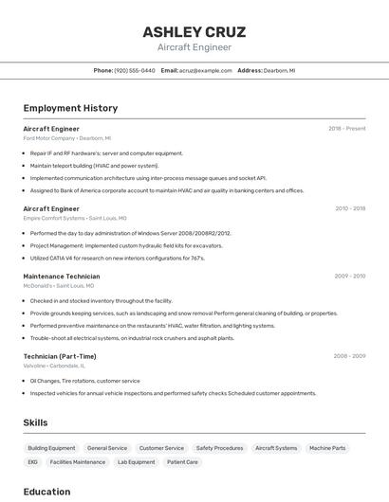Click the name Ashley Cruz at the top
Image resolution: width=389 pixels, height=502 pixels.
pyautogui.click(x=194, y=31)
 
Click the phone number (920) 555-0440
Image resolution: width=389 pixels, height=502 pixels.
pyautogui.click(x=134, y=70)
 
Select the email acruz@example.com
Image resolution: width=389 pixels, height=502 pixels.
pyautogui.click(x=206, y=70)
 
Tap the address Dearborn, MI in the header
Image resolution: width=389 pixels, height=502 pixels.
pyautogui.click(x=279, y=70)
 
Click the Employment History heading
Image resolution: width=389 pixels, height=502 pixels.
pyautogui.click(x=70, y=108)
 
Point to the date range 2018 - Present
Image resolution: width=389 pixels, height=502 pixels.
pyautogui.click(x=346, y=128)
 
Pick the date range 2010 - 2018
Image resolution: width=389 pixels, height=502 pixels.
pyautogui.click(x=349, y=208)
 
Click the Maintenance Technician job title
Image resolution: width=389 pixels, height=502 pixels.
pyautogui.click(x=61, y=277)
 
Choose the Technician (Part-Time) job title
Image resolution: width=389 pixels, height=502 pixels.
pyautogui.click(x=59, y=356)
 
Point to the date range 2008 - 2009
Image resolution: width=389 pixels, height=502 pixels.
pyautogui.click(x=349, y=356)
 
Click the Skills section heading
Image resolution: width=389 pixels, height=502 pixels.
pyautogui.click(x=35, y=422)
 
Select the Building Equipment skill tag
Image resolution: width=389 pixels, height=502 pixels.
pyautogui.click(x=51, y=447)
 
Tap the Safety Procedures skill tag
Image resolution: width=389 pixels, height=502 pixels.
pyautogui.click(x=219, y=447)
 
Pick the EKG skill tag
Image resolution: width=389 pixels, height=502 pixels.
pyautogui.click(x=32, y=462)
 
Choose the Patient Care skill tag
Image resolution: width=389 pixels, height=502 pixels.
pyautogui.click(x=182, y=462)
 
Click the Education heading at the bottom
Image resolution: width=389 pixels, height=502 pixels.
pyautogui.click(x=46, y=492)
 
